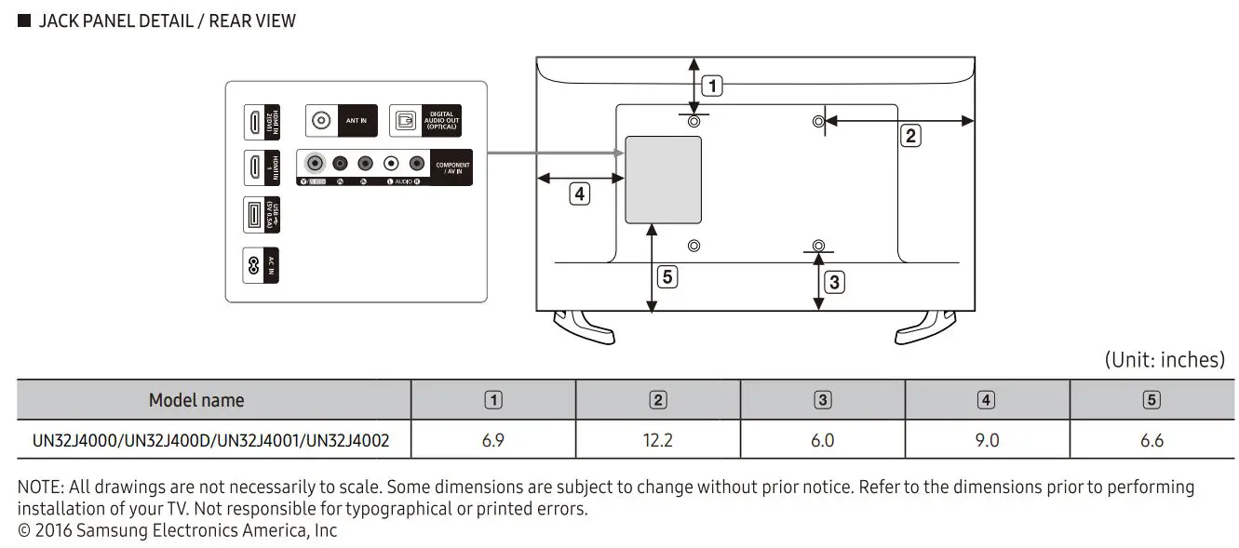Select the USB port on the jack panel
point(253,216)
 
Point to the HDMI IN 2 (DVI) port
point(253,121)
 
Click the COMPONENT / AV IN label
point(452,168)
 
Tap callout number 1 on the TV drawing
point(712,87)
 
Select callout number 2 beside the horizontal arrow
point(910,136)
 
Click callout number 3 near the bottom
point(835,281)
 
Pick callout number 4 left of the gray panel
point(580,194)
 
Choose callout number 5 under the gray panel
point(666,276)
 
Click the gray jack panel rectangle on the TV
point(663,180)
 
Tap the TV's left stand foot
point(583,327)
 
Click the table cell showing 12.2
point(657,440)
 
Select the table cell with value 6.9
point(493,440)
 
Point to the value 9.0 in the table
point(987,440)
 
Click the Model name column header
point(196,400)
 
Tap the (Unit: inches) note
point(1164,360)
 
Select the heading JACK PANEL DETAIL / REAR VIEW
point(167,20)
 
